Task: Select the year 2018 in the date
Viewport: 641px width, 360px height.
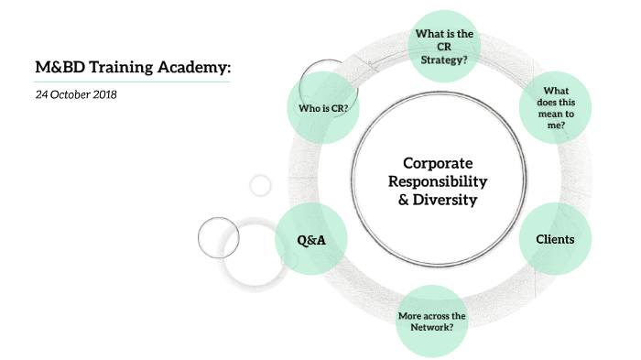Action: (x=102, y=94)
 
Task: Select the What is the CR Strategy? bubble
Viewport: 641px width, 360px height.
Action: (x=443, y=47)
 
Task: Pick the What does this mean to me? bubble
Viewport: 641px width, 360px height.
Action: (x=555, y=107)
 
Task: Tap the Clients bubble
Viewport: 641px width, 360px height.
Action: (x=555, y=239)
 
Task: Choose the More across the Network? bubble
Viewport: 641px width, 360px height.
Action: (x=432, y=322)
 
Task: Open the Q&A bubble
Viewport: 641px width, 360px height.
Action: (x=311, y=239)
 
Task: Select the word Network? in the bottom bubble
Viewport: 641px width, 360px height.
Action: (x=432, y=328)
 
